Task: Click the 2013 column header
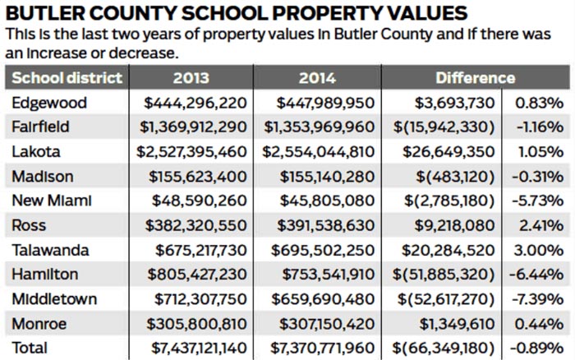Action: click(x=191, y=78)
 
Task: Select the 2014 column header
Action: click(x=317, y=78)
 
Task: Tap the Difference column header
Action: click(x=476, y=78)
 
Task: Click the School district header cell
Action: click(x=67, y=78)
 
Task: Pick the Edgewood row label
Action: click(x=49, y=103)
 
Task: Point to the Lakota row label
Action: click(x=36, y=152)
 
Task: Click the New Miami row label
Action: click(x=51, y=201)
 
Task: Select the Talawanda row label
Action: click(x=50, y=251)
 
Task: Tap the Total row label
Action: click(x=30, y=348)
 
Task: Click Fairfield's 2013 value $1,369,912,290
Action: click(x=193, y=127)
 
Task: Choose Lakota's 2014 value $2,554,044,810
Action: click(x=319, y=152)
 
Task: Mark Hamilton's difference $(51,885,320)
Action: click(x=444, y=275)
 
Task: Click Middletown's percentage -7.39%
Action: click(x=537, y=299)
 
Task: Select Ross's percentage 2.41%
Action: click(x=541, y=225)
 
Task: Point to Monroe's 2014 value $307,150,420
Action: click(x=327, y=324)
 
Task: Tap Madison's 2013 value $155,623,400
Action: click(x=198, y=177)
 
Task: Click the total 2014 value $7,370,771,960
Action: click(x=322, y=348)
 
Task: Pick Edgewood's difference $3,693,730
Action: click(x=455, y=103)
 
